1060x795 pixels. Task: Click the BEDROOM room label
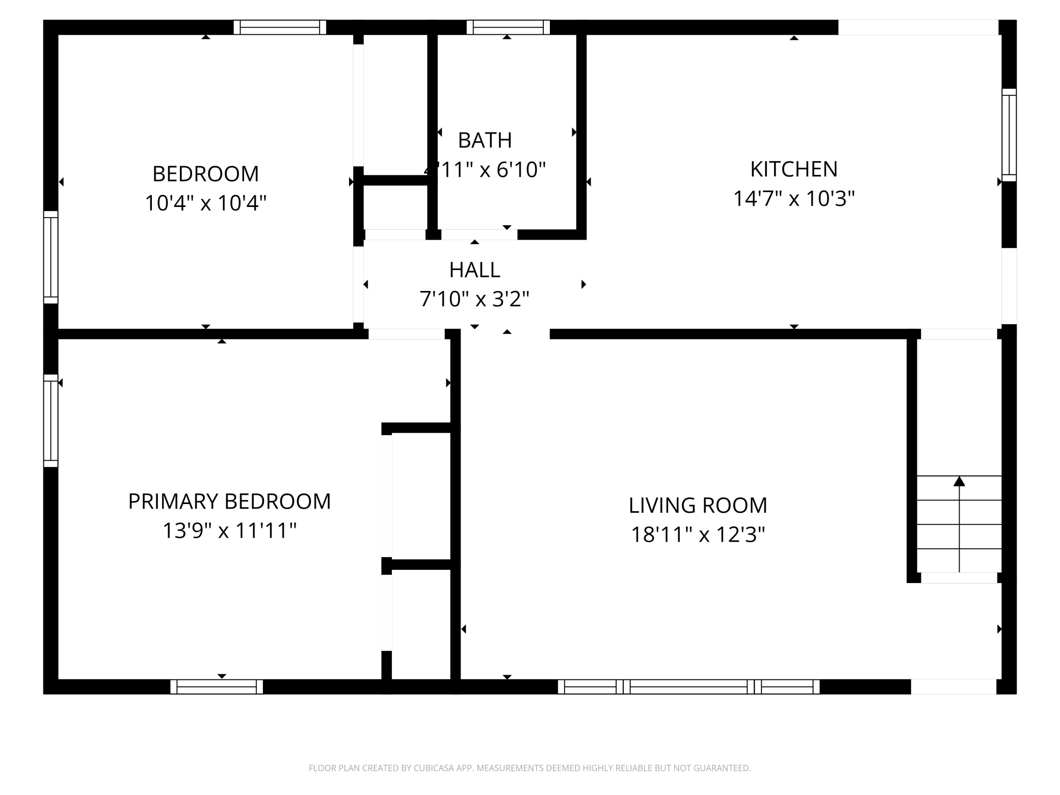(x=205, y=174)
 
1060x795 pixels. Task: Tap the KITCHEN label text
(x=793, y=169)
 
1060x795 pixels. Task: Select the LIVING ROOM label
(x=698, y=505)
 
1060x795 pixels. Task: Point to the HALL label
(x=474, y=270)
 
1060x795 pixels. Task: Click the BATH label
(x=485, y=140)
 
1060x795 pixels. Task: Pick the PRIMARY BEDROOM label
(x=229, y=501)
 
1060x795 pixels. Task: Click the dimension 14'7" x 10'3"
(x=793, y=198)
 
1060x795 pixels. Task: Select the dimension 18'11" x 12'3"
(x=698, y=535)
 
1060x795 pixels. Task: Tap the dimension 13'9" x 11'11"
(x=229, y=531)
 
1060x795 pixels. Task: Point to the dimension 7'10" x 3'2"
(x=474, y=299)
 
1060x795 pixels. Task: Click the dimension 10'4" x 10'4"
(x=205, y=203)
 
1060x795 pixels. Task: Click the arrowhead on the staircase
(x=959, y=481)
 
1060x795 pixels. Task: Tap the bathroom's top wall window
(x=508, y=28)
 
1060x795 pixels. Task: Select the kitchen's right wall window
(x=1009, y=135)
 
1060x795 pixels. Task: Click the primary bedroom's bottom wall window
(x=217, y=686)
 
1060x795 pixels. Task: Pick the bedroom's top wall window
(x=280, y=28)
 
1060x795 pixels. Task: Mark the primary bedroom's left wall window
(x=51, y=421)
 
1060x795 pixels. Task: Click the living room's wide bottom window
(x=688, y=686)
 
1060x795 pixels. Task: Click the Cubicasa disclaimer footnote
(x=529, y=768)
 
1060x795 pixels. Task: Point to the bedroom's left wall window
(x=51, y=257)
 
